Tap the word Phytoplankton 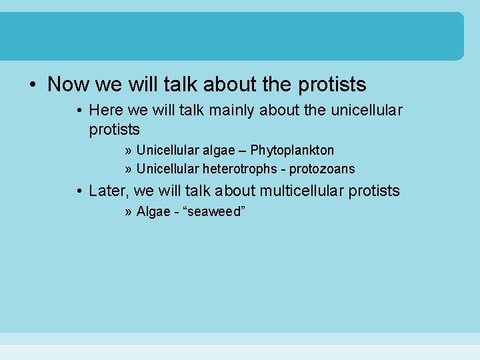(x=292, y=150)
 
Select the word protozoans (x=323, y=169)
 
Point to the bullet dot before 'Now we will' (x=32, y=85)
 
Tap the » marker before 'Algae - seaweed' (x=127, y=212)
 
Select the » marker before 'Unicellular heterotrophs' (x=127, y=169)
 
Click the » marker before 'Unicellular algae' (x=127, y=150)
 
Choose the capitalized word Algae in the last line (x=153, y=212)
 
